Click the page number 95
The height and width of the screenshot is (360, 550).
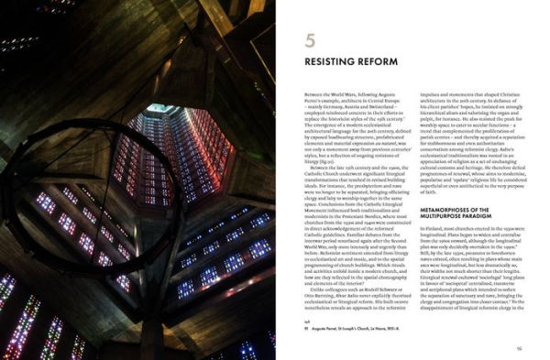coord(518,348)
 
